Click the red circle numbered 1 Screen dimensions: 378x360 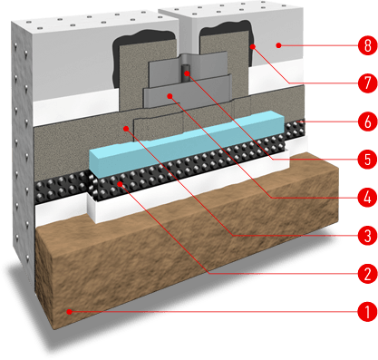pyautogui.click(x=367, y=312)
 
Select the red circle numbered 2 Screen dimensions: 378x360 pyautogui.click(x=367, y=274)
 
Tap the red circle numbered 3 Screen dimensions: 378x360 pyautogui.click(x=367, y=236)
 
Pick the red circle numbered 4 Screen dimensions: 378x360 pyautogui.click(x=367, y=198)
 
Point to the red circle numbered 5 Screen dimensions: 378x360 pyautogui.click(x=367, y=160)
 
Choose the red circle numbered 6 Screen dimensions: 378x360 pyautogui.click(x=367, y=122)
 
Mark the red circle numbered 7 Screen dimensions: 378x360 pyautogui.click(x=367, y=83)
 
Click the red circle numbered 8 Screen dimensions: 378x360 pyautogui.click(x=367, y=45)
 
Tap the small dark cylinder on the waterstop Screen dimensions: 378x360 pyautogui.click(x=187, y=73)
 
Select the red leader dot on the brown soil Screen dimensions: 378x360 pyautogui.click(x=69, y=312)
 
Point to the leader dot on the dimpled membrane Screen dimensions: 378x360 pyautogui.click(x=121, y=184)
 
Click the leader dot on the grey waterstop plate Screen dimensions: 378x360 pyautogui.click(x=170, y=96)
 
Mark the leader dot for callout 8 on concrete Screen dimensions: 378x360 pyautogui.click(x=278, y=45)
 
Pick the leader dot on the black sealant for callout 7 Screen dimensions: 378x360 pyautogui.click(x=253, y=46)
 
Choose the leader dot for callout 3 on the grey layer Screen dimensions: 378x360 pyautogui.click(x=126, y=129)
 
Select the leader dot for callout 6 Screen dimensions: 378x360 pyautogui.click(x=298, y=122)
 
